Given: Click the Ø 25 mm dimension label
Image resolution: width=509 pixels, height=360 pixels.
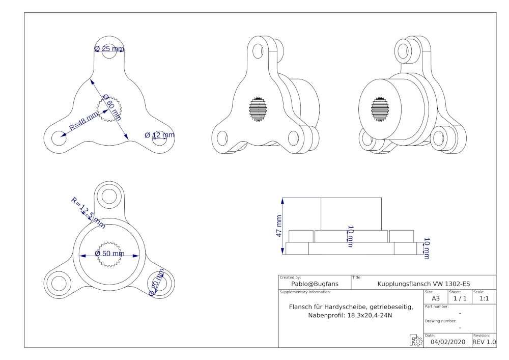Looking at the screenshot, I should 109,49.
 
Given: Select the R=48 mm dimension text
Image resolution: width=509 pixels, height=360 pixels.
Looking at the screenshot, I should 84,122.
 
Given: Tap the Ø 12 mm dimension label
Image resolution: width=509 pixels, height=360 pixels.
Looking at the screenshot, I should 159,135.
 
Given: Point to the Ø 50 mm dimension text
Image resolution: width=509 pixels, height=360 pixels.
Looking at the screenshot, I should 109,254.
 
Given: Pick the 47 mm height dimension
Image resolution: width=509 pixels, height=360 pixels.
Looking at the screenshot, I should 279,225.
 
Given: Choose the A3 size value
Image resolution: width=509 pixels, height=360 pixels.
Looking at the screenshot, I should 436,298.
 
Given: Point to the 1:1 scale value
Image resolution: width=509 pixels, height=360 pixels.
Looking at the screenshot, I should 484,298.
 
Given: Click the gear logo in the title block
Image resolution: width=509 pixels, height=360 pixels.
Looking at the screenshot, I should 415,341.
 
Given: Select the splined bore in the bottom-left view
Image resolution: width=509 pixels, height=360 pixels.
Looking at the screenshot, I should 109,254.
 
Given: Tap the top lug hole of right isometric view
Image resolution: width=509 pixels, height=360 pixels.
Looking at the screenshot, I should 403,49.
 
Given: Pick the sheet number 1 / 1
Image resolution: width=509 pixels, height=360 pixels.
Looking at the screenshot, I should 460,298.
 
